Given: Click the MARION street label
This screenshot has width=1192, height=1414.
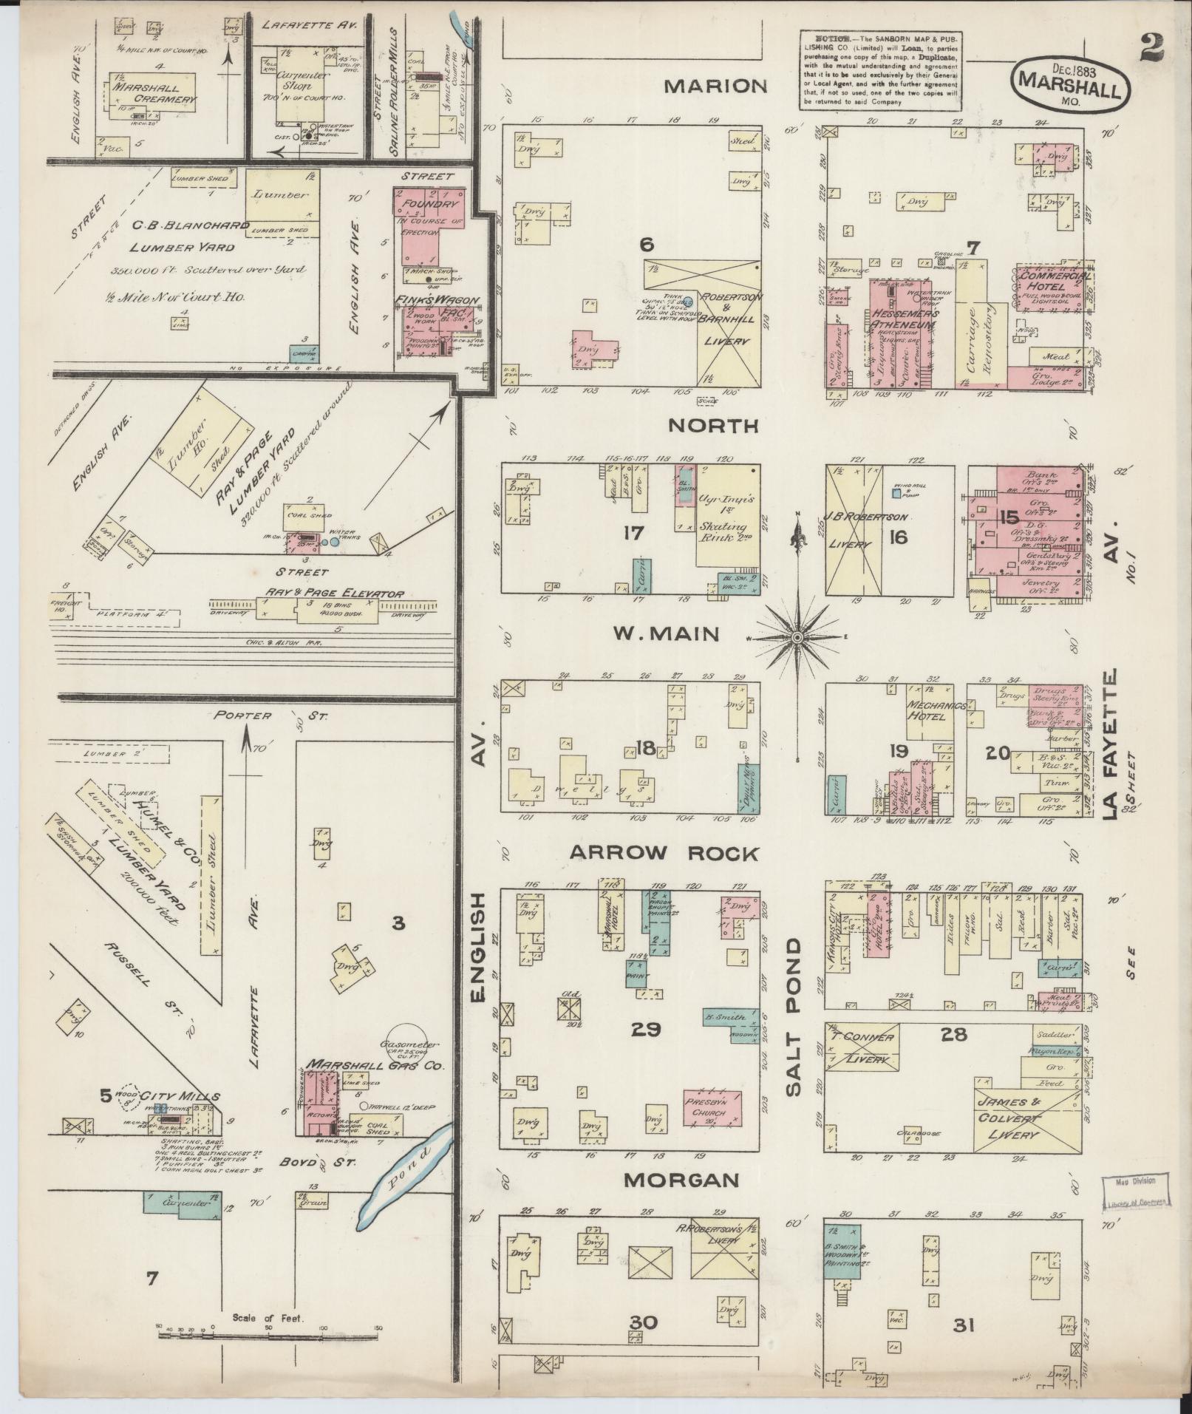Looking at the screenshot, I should click(715, 86).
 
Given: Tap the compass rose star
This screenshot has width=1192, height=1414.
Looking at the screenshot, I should click(798, 636).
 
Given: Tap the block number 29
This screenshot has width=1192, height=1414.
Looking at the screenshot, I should click(645, 1028).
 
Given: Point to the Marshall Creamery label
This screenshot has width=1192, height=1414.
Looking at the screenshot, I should click(154, 92).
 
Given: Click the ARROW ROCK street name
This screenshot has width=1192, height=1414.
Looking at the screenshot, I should click(664, 854).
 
